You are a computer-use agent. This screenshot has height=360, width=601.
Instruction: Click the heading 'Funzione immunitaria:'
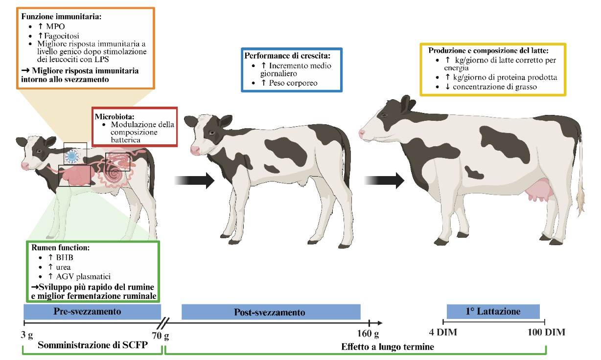click(61, 17)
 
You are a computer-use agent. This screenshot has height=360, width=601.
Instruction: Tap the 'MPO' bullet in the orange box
click(55, 26)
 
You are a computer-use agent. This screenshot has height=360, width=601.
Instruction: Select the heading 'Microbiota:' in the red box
click(115, 116)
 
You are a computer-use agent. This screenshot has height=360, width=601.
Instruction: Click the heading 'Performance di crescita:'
click(287, 56)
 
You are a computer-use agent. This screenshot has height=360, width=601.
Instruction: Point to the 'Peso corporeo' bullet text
click(293, 83)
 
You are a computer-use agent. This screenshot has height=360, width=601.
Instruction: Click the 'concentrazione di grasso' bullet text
click(495, 87)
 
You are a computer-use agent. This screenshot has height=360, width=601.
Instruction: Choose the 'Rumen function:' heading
click(61, 247)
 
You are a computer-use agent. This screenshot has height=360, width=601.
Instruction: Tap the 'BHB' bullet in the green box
click(65, 258)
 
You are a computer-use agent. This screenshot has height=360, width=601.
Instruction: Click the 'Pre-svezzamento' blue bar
click(92, 312)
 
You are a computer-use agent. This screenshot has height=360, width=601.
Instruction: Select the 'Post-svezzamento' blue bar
click(271, 312)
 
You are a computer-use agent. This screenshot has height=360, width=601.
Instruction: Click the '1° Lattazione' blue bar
click(493, 312)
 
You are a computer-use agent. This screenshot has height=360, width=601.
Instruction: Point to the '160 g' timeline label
click(368, 334)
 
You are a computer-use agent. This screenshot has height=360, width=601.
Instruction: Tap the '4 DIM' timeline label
click(443, 333)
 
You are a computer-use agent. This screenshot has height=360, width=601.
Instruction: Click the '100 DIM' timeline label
click(546, 333)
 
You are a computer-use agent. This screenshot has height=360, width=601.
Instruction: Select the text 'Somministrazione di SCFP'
click(92, 345)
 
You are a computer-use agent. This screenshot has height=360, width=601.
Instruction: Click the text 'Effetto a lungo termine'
click(388, 347)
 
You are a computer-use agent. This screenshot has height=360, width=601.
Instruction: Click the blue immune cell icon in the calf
click(71, 157)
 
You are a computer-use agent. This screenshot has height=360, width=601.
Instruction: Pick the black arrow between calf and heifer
click(194, 180)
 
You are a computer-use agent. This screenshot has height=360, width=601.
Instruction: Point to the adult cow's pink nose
click(362, 133)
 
